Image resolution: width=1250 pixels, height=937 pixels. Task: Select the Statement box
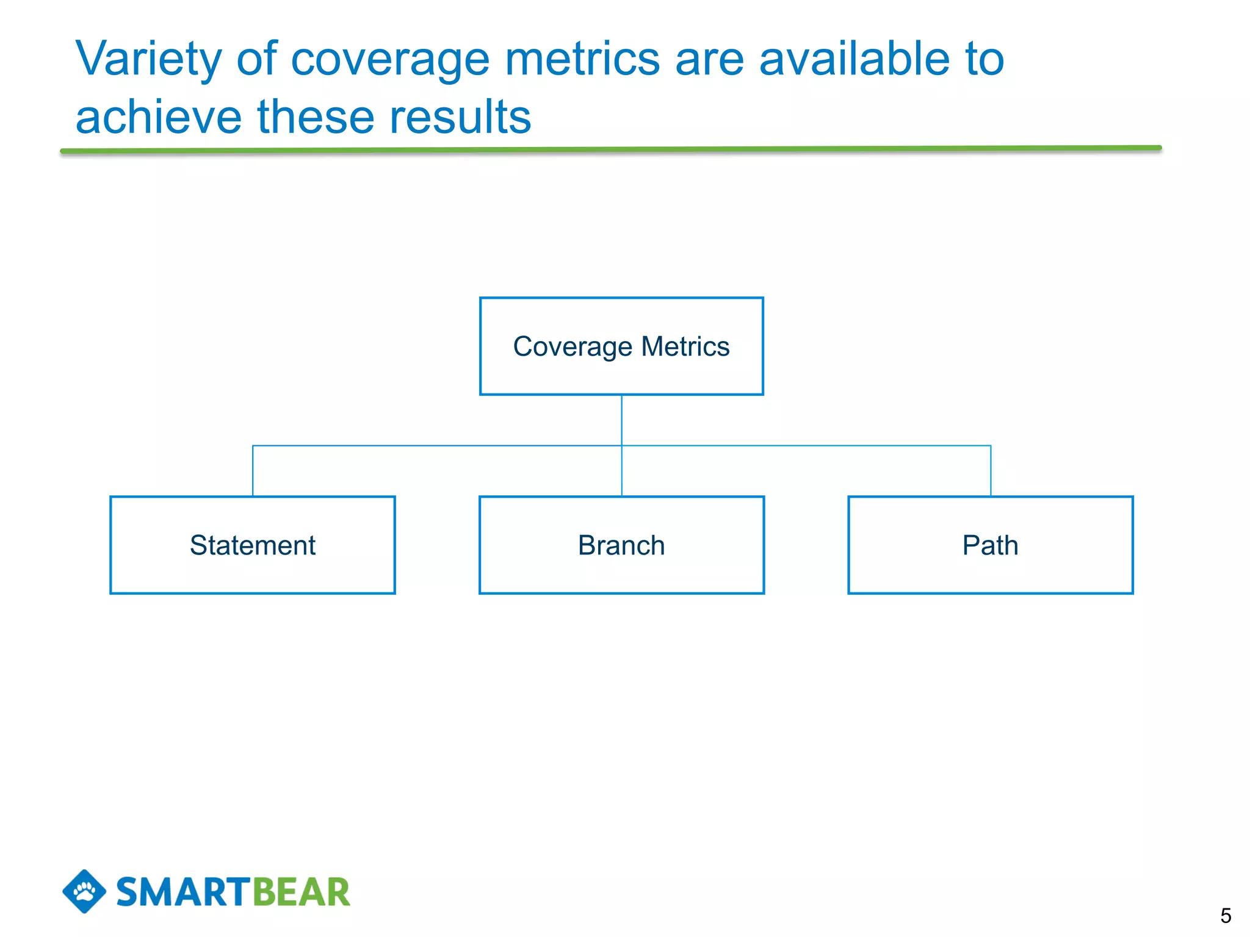pyautogui.click(x=252, y=545)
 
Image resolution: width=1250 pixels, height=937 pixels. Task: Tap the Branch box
pyautogui.click(x=621, y=545)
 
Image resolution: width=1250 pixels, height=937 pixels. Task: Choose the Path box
pyautogui.click(x=990, y=545)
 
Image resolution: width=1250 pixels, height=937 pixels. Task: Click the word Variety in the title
pyautogui.click(x=148, y=60)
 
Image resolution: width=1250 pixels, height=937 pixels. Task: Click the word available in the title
pyautogui.click(x=853, y=60)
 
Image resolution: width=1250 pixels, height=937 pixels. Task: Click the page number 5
pyautogui.click(x=1226, y=916)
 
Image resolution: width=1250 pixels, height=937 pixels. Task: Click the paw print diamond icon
pyautogui.click(x=84, y=891)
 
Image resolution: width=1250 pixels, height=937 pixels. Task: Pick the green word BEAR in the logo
pyautogui.click(x=301, y=892)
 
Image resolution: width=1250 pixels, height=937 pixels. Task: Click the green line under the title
pyautogui.click(x=610, y=149)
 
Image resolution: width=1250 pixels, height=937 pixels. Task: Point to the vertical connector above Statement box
pyautogui.click(x=253, y=471)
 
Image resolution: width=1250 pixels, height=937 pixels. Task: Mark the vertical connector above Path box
pyautogui.click(x=991, y=471)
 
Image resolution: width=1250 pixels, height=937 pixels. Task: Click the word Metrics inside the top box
pyautogui.click(x=685, y=346)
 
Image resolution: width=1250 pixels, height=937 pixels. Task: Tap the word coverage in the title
pyautogui.click(x=390, y=60)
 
